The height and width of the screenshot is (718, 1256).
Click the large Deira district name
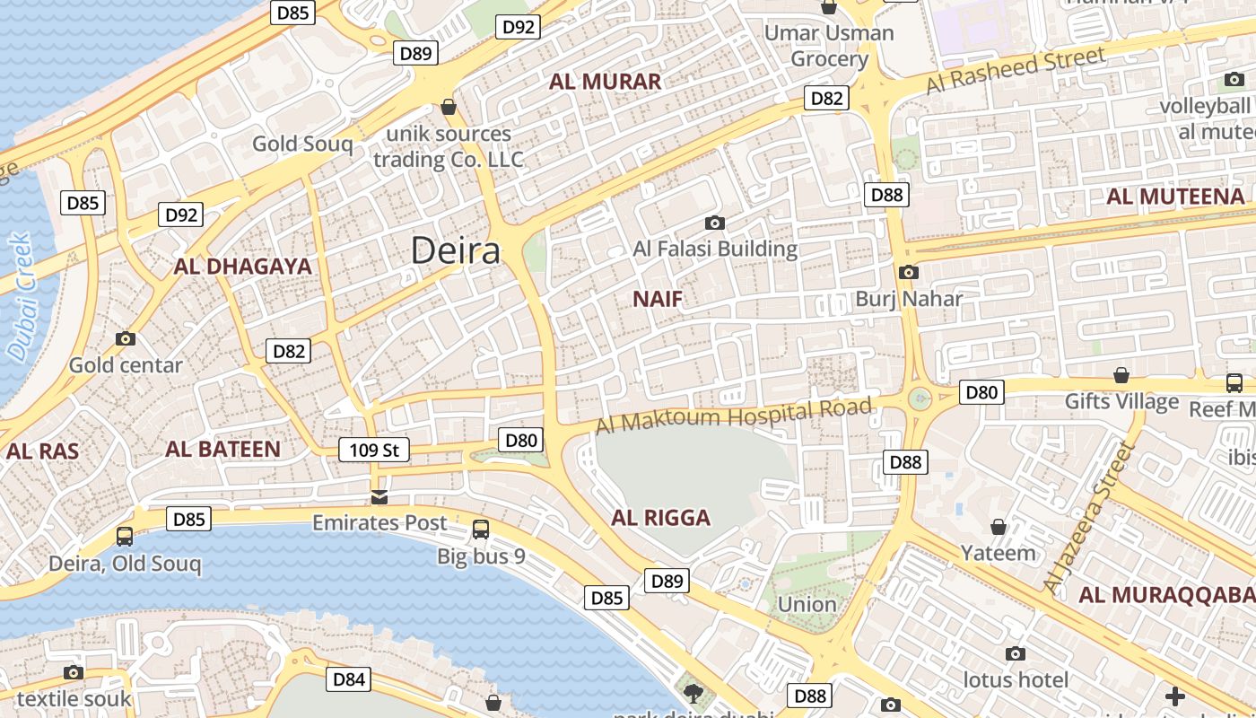tap(456, 251)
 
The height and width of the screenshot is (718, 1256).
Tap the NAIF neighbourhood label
tap(658, 300)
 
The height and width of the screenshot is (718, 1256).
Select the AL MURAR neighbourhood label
tap(605, 82)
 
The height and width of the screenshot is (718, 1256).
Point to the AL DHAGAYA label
tap(242, 267)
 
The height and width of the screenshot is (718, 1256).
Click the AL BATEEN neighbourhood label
tap(222, 450)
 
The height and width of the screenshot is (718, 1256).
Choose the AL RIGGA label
tap(660, 518)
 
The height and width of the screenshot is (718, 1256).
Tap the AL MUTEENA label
tap(1175, 197)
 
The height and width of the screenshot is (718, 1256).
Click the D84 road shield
tap(348, 679)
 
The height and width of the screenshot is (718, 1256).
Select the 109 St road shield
tap(374, 450)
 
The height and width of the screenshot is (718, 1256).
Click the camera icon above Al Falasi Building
tap(715, 223)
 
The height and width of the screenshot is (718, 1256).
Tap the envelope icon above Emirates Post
tap(379, 497)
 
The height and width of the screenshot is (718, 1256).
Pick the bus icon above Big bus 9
tap(481, 530)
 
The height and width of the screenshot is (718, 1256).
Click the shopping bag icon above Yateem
tap(998, 526)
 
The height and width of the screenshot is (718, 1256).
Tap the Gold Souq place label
tap(302, 144)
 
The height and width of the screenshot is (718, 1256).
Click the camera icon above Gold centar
tap(126, 338)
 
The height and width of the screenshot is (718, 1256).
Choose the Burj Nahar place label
tap(908, 299)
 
